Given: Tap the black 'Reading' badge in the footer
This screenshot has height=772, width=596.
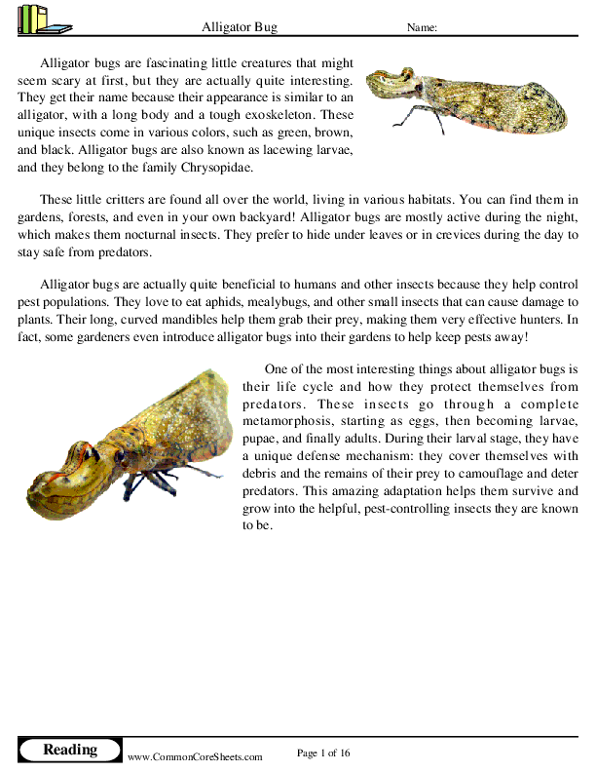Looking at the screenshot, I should [x=70, y=750].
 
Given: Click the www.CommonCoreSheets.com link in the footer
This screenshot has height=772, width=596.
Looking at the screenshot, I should [x=196, y=756].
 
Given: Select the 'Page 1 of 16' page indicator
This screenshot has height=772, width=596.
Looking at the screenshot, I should [x=323, y=753].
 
